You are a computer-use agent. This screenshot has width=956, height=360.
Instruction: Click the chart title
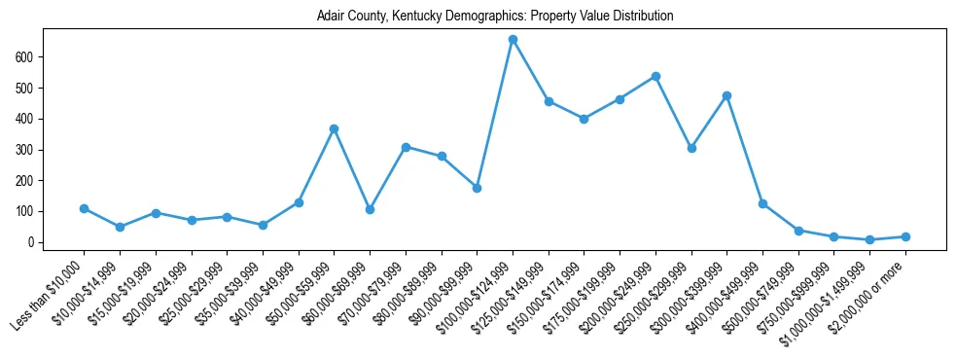pos(495,17)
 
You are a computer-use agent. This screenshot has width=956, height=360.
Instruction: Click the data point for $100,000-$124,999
pos(513,40)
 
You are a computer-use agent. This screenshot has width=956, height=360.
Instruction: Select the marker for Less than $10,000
pos(85,208)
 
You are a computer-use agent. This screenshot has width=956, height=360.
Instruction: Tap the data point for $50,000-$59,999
pos(334,128)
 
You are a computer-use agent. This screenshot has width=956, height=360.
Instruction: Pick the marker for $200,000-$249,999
pos(655,76)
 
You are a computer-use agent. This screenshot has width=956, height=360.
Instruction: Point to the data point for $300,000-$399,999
pos(726,95)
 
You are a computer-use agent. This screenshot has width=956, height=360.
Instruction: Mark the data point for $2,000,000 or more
pos(905,236)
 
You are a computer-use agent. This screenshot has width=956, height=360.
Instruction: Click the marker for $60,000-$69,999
pos(370,209)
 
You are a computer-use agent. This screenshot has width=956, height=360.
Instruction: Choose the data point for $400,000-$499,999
pos(762,203)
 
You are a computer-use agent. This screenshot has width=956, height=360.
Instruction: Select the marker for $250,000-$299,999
pos(691,148)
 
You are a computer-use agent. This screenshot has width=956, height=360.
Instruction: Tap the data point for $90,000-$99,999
pos(477,188)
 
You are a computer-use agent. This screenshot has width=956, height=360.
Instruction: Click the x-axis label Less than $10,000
pos(49,296)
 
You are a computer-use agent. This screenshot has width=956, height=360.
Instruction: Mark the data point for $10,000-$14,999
pos(120,227)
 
